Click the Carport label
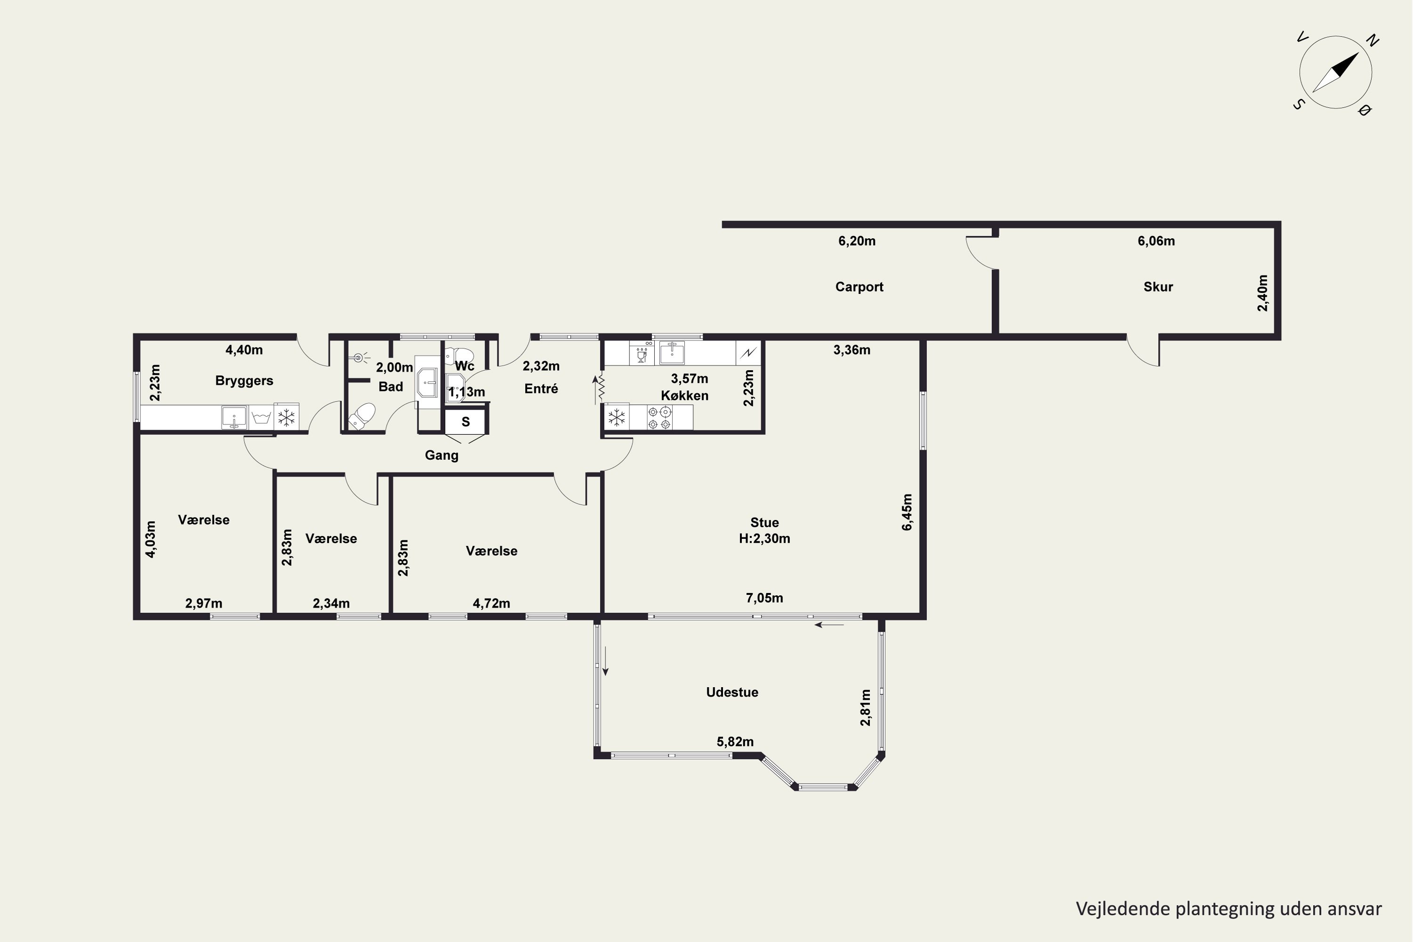859,287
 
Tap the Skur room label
1158,287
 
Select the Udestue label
732,692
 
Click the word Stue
764,523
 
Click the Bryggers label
244,381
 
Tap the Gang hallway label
442,455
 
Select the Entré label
541,389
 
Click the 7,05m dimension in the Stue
764,598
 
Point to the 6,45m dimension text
907,512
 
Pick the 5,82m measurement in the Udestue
735,742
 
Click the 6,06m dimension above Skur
1156,241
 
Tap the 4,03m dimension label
151,539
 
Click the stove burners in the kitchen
659,417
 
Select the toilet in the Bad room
362,416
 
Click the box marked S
465,422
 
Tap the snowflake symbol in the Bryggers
286,417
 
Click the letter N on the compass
1372,41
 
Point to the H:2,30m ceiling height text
764,539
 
